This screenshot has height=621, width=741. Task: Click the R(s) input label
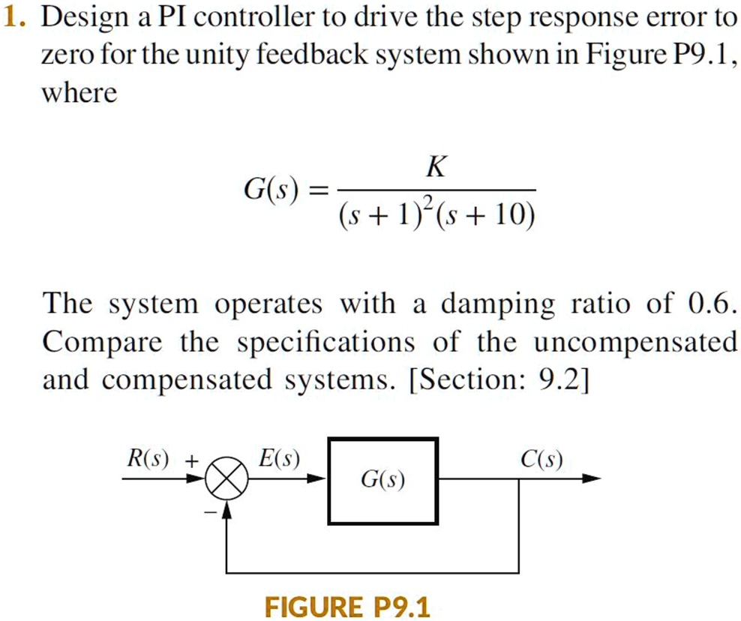click(x=148, y=458)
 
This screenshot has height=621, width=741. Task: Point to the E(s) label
click(x=279, y=458)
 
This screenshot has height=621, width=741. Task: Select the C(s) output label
click(x=541, y=459)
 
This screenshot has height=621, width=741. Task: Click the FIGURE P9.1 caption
click(x=347, y=607)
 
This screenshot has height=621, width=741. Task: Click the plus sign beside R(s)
click(x=191, y=460)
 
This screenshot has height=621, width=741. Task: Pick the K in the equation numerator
click(x=436, y=166)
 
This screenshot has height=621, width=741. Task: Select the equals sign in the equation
click(x=317, y=191)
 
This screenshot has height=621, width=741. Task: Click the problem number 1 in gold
click(x=12, y=18)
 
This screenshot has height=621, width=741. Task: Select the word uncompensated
click(x=635, y=343)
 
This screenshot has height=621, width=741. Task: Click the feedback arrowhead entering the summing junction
click(x=226, y=509)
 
